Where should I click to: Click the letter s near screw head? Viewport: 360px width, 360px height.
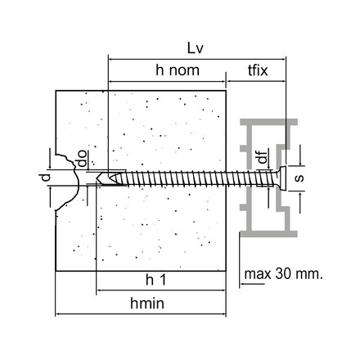pos(299,176)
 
